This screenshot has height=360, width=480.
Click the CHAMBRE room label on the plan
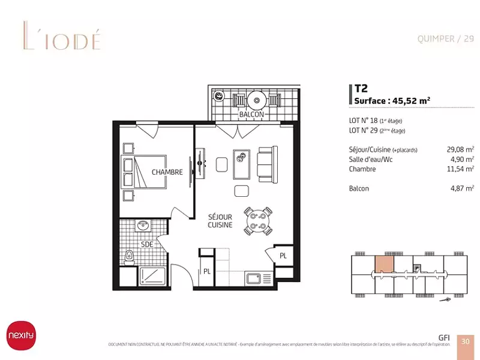[167, 172]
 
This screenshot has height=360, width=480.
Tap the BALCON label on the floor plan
[251, 114]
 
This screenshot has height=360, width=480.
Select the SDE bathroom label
[146, 245]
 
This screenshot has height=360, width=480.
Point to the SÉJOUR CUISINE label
[220, 220]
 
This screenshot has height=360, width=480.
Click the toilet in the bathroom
[128, 257]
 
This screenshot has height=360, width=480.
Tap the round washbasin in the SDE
[144, 226]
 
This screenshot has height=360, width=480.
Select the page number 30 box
[465, 341]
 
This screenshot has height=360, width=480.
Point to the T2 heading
[361, 87]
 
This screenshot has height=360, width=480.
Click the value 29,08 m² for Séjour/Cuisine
[461, 149]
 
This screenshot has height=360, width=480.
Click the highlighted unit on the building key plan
[385, 265]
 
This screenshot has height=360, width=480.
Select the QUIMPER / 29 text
[445, 39]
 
